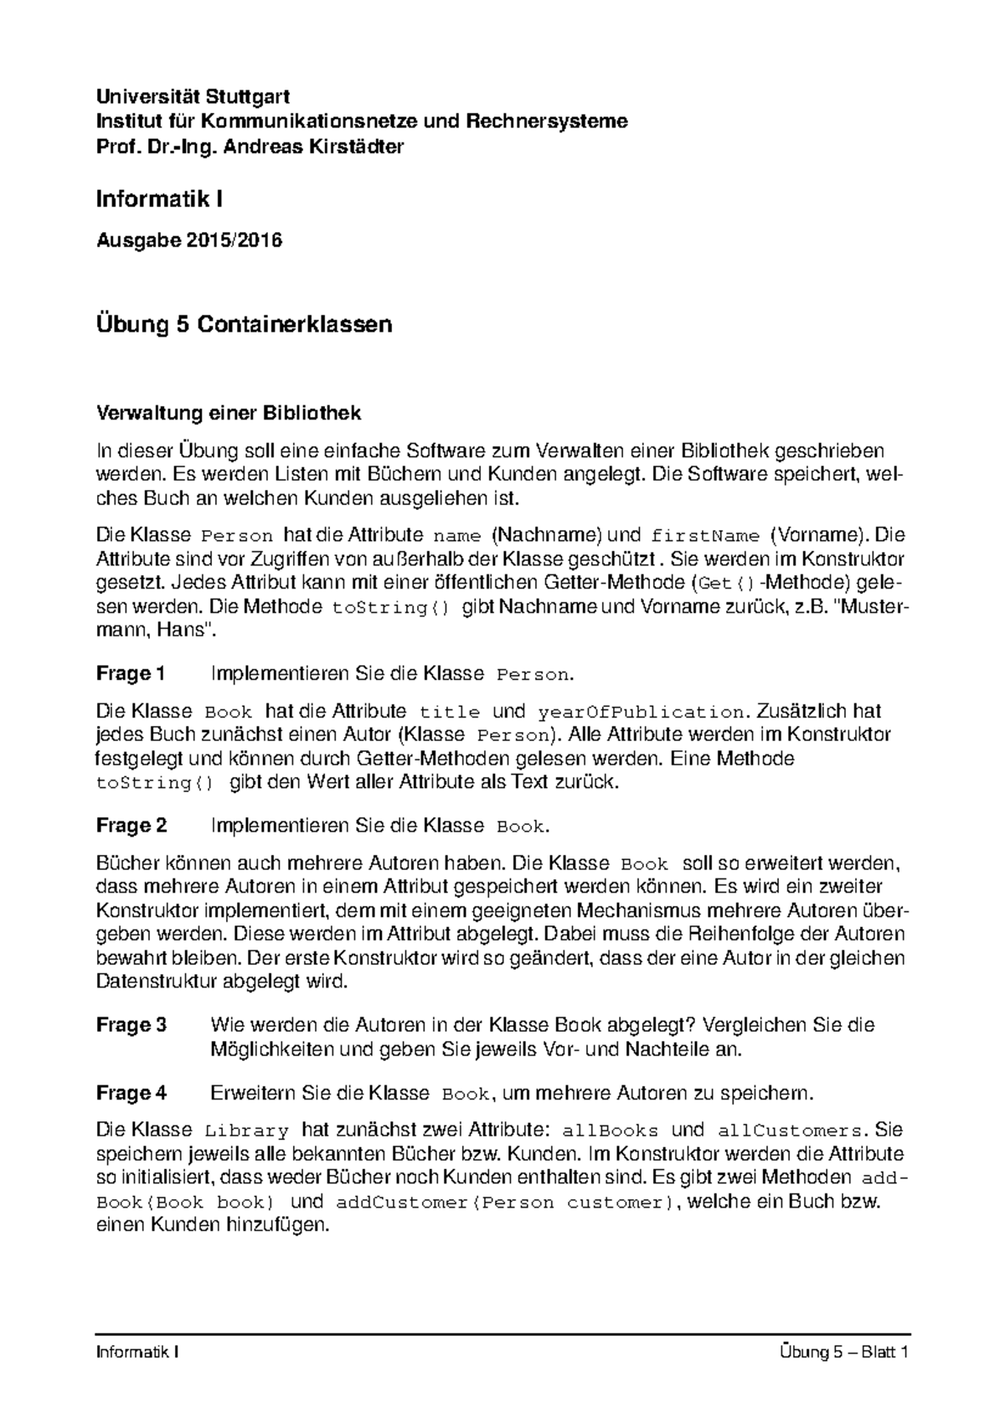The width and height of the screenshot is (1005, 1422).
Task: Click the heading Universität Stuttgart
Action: click(x=193, y=97)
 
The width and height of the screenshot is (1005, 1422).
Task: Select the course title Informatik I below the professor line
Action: click(x=159, y=199)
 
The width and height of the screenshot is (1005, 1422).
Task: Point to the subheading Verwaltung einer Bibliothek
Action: click(x=229, y=413)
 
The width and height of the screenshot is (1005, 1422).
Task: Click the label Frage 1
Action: click(x=131, y=673)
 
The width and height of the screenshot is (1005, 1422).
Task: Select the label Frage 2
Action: click(x=131, y=826)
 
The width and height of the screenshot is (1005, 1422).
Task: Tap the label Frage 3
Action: click(x=131, y=1025)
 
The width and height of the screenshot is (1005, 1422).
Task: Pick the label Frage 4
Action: click(x=131, y=1094)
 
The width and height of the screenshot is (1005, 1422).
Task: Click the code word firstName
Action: click(x=705, y=536)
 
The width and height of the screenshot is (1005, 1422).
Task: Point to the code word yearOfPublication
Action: click(x=641, y=713)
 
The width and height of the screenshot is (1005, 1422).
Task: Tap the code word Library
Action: click(x=246, y=1131)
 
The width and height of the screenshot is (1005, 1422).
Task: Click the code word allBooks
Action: click(x=612, y=1131)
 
